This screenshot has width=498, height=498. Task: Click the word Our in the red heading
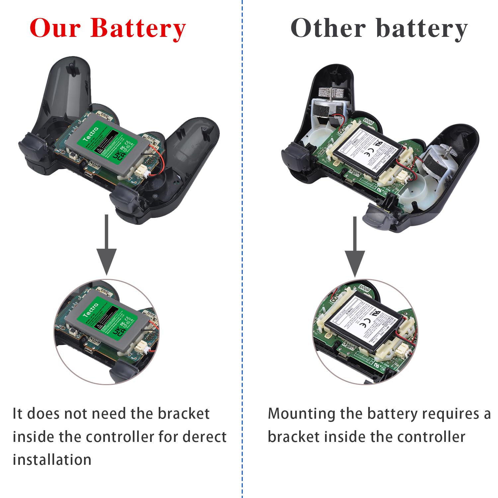pos(55,28)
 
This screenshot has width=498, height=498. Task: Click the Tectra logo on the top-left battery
pos(91,133)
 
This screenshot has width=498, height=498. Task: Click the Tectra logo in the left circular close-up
pos(91,310)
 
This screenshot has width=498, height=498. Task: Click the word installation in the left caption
pos(52,460)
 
